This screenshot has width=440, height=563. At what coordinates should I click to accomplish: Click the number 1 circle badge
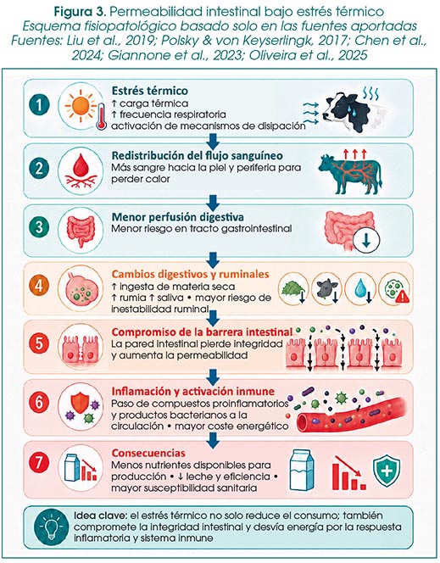39,105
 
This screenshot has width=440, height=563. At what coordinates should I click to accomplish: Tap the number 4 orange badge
39,286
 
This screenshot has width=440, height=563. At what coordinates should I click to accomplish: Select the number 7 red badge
39,461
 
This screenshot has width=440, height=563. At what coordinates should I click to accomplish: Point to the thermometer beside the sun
102,117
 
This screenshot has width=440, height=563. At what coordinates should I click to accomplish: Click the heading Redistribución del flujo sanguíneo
197,155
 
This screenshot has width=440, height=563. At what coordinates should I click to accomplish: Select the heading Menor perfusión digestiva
178,217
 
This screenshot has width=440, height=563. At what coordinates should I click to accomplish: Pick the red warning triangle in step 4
403,296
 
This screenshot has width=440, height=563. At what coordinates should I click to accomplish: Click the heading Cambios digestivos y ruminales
190,274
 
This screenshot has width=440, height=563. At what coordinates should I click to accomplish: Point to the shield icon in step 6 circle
81,402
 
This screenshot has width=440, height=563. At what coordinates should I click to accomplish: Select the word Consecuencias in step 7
148,453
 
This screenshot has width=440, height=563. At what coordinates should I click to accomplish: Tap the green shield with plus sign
387,471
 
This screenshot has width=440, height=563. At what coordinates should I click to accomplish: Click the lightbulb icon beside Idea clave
52,527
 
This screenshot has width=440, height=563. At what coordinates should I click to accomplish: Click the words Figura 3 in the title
80,12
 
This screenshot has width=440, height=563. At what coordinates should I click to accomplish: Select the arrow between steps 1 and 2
213,141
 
